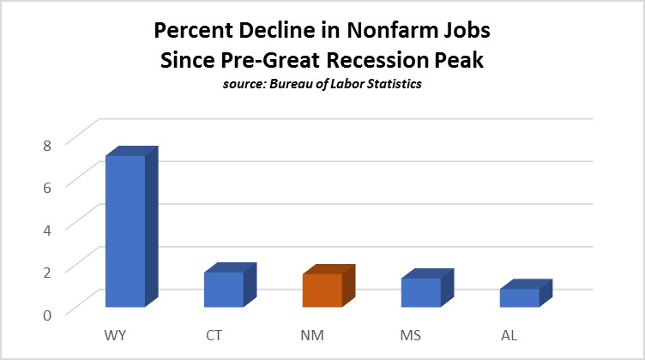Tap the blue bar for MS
pyautogui.click(x=420, y=292)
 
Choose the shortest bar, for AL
pyautogui.click(x=519, y=297)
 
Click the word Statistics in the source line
pyautogui.click(x=392, y=86)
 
